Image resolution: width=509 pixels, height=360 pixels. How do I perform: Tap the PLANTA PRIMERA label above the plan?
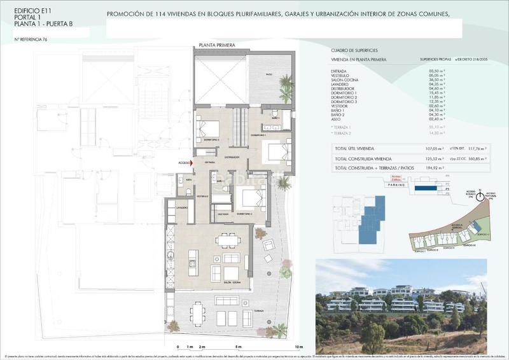(216, 45)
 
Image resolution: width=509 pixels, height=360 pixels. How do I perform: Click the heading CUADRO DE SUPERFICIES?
(354, 50)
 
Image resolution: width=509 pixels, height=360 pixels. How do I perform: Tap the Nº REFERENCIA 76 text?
(31, 39)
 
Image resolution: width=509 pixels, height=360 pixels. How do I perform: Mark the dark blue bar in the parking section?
(425, 189)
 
